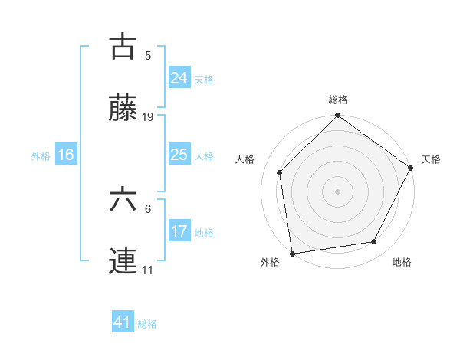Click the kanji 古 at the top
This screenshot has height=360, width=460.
(x=123, y=47)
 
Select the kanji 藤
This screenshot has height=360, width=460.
(x=123, y=110)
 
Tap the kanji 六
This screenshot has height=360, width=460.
(x=123, y=201)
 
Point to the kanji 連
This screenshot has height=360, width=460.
(x=123, y=263)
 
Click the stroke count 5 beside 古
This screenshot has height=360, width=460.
(x=148, y=55)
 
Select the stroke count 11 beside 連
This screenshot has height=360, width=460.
(x=148, y=270)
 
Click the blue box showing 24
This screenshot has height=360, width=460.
(x=179, y=77)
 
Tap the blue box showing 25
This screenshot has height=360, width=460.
(x=179, y=155)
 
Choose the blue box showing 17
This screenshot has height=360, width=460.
(x=179, y=231)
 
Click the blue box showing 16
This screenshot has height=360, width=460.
(x=65, y=155)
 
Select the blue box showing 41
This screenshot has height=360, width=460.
(x=123, y=322)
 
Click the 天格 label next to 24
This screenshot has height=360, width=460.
(x=204, y=79)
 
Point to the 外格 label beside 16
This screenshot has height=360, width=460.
(x=41, y=156)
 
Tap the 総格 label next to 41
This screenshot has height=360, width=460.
(x=147, y=324)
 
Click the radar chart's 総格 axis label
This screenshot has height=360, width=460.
(x=337, y=100)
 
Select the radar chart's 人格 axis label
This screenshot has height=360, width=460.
(x=245, y=159)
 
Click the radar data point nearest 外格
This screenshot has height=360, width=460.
(x=292, y=252)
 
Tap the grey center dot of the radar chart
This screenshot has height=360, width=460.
(x=337, y=191)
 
